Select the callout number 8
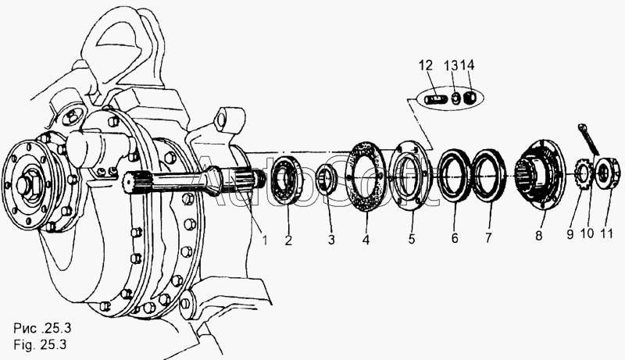(x=538, y=236)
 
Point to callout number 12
(x=426, y=66)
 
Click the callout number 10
(x=587, y=233)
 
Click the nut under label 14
(x=470, y=97)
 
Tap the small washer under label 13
(x=455, y=98)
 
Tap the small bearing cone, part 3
(x=326, y=180)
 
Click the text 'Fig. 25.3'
(x=40, y=344)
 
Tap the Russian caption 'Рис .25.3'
(x=42, y=328)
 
